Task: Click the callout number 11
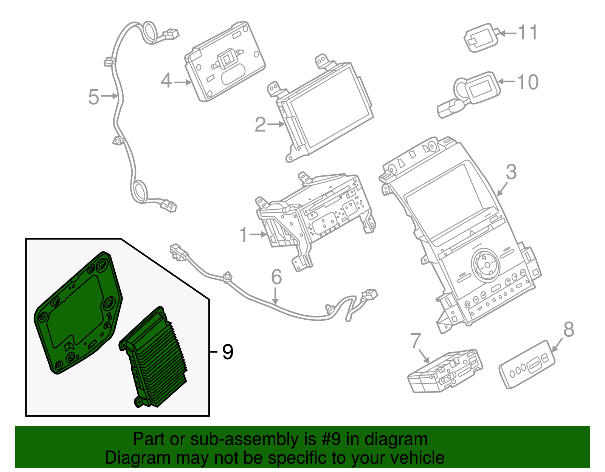pos(527,32)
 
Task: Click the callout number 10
pos(528,82)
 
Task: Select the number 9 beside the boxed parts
pos(228,352)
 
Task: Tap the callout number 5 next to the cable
pos(93,97)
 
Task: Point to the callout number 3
pos(511,172)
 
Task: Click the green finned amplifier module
pos(155,359)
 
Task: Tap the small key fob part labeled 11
pos(480,38)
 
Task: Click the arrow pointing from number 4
pos(183,82)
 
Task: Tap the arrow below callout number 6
pos(276,297)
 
